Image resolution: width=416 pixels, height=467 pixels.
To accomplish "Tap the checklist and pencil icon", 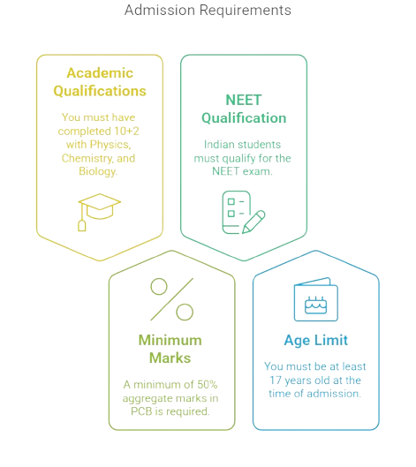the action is pos(244,213).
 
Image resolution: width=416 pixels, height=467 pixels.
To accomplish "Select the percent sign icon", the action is pos(172,299).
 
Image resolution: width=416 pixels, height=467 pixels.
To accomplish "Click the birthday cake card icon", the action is pos(316,299).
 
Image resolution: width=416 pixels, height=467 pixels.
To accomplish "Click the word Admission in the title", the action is pos(160,10).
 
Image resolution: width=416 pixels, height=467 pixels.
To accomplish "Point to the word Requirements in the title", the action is pos(246,10).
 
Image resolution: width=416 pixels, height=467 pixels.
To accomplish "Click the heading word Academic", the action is pos(100,73).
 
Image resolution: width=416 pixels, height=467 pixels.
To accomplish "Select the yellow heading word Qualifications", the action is pos(100,91).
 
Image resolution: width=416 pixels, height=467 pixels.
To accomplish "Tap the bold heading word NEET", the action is pos(244,100).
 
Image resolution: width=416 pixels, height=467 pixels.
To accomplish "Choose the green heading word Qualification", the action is pos(244,118).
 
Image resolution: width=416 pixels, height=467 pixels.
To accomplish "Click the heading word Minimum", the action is pos(170,340).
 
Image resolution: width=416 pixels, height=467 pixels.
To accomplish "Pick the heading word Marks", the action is pos(170,358).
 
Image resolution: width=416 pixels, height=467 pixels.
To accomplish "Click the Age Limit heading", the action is pos(316,341).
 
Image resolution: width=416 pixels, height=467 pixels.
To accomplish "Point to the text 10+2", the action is pos(127,131).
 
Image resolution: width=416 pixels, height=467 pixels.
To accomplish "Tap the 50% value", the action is pos(208,385).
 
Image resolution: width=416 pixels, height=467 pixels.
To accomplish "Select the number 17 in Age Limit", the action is pos(276,380).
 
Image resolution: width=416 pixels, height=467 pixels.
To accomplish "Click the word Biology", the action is pos(98,171).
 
